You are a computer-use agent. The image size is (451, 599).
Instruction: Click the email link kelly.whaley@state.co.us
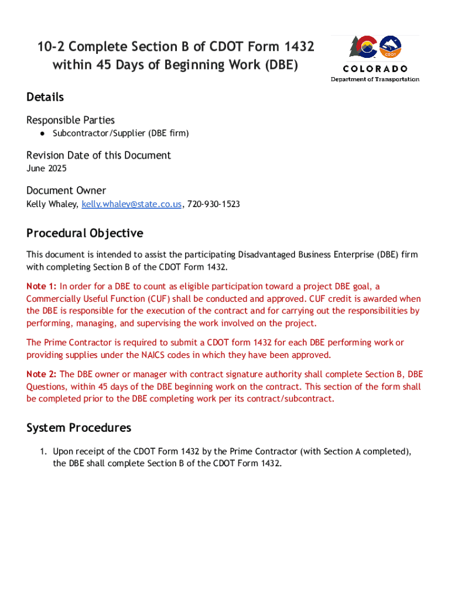[132, 204]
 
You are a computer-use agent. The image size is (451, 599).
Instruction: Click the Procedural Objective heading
[84, 233]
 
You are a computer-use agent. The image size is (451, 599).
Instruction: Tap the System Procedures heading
[78, 428]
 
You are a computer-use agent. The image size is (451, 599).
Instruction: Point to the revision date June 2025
[46, 168]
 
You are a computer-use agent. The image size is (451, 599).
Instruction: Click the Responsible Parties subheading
[70, 120]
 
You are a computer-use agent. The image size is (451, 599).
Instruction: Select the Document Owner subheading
[66, 191]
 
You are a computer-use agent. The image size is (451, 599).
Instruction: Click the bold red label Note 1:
[42, 286]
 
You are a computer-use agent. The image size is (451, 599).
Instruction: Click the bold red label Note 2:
[42, 374]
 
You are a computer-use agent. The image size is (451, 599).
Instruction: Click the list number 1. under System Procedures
[43, 452]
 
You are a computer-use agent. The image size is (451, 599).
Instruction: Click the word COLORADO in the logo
[375, 69]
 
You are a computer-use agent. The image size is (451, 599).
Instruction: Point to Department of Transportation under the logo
[375, 79]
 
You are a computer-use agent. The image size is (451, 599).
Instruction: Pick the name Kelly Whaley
[52, 204]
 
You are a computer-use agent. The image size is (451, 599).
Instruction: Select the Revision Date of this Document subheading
[98, 155]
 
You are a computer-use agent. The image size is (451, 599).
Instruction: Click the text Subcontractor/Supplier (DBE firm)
[121, 133]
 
